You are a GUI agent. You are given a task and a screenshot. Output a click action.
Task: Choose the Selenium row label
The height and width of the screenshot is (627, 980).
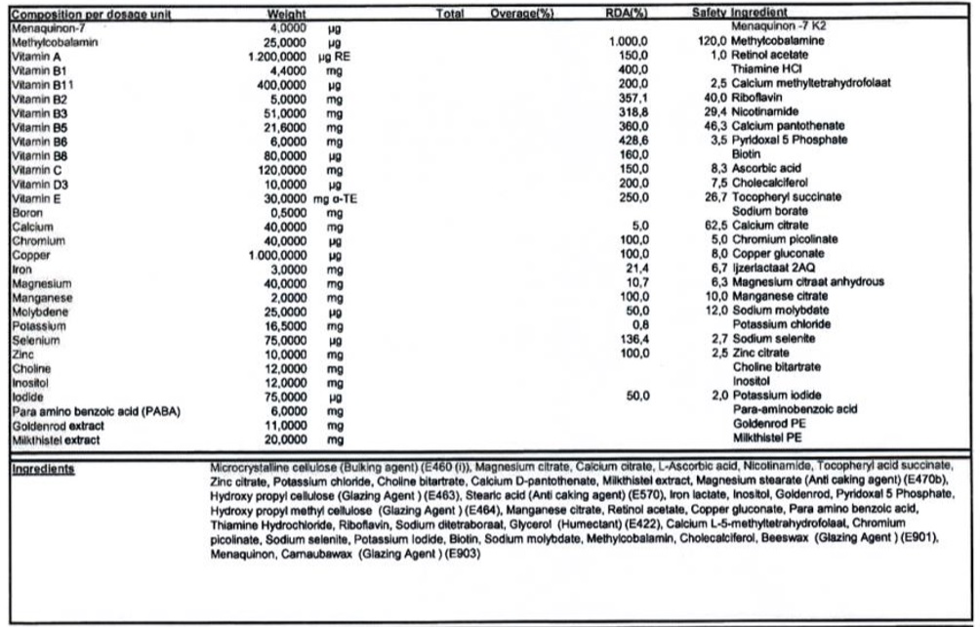point(34,340)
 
